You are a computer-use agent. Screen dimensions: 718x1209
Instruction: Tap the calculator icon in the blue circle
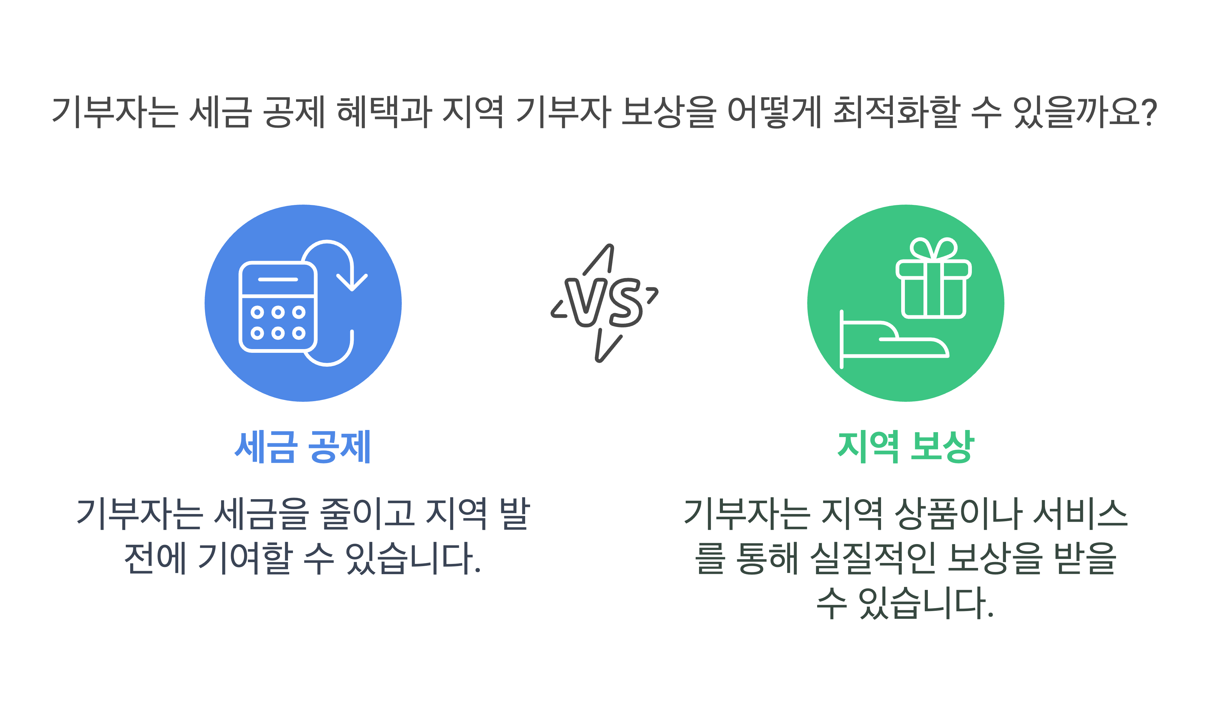[x=278, y=307]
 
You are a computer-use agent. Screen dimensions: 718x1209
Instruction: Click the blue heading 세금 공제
[x=302, y=446]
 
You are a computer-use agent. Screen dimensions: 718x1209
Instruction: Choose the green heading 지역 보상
[x=905, y=446]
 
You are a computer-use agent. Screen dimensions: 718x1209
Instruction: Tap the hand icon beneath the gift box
[x=892, y=341]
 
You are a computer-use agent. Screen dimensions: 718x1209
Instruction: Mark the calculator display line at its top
[x=278, y=279]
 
